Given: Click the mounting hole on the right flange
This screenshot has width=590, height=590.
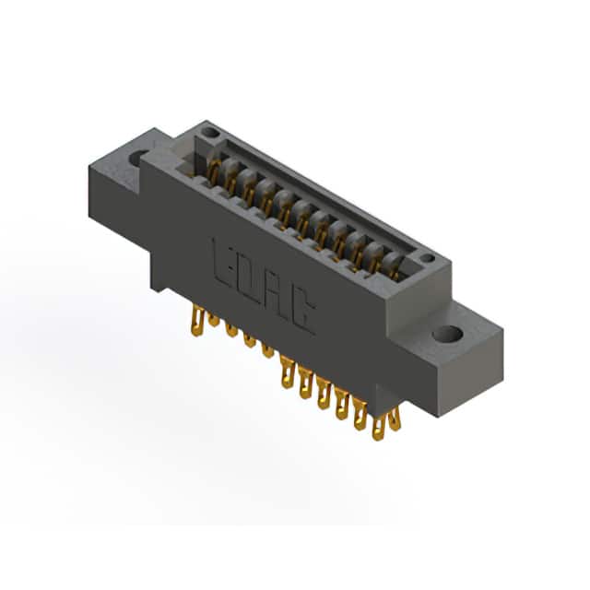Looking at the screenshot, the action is pyautogui.click(x=447, y=334).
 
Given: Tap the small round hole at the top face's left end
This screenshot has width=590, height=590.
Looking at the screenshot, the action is pyautogui.click(x=209, y=132).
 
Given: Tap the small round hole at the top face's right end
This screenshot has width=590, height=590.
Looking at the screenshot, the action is pyautogui.click(x=427, y=258).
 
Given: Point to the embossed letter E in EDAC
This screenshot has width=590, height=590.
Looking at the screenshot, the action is pyautogui.click(x=225, y=264).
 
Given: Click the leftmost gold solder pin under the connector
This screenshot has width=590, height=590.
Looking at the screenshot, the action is pyautogui.click(x=197, y=321).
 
